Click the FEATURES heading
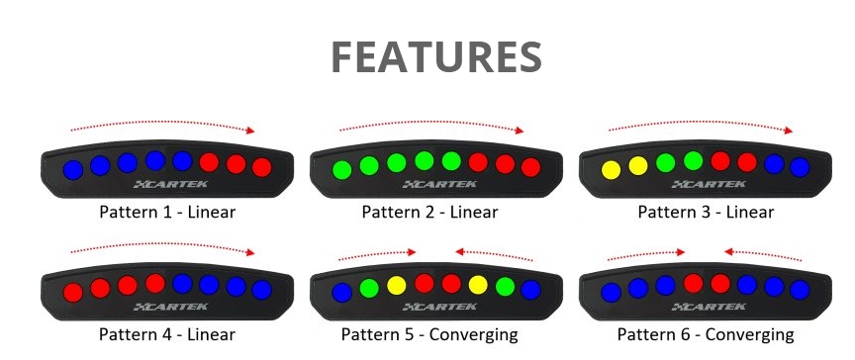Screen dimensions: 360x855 coord(435,58)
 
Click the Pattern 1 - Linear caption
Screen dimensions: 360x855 coord(167,212)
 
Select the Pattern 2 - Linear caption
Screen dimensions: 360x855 coord(429,212)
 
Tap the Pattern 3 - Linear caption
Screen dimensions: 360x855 coord(706,212)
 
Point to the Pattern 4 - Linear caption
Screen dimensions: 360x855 coord(167,334)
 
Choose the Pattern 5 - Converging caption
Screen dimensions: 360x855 coord(429,334)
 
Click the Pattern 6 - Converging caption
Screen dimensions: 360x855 coord(706,334)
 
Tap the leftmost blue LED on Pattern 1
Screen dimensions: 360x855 coord(72,169)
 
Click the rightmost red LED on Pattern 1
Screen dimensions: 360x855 coord(261,167)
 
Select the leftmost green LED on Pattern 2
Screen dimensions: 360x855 coord(341,169)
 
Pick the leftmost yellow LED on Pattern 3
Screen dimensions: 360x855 coord(611,169)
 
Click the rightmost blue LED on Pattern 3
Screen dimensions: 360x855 coord(800,167)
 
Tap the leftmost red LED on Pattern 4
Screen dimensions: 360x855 coord(72,292)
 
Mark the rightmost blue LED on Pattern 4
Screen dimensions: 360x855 coord(261,290)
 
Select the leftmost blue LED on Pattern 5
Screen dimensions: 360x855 coord(341,292)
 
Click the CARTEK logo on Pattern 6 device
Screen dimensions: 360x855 coord(705,308)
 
